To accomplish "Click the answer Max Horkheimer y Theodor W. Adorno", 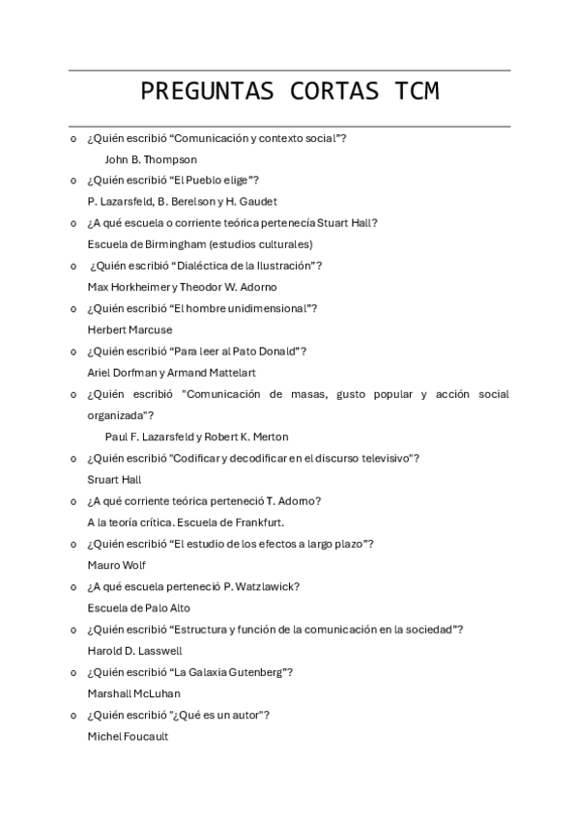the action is [x=182, y=287].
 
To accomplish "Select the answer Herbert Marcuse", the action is [x=130, y=330].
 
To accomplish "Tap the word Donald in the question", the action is [x=281, y=352].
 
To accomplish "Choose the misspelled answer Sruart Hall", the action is [x=115, y=479].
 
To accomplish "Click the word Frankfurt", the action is [x=259, y=522].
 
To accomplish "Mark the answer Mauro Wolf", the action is [x=117, y=565].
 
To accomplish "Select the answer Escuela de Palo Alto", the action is [x=138, y=607].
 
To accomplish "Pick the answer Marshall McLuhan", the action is [x=133, y=693].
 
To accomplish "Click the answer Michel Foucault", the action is [x=128, y=736].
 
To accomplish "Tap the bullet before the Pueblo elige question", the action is [x=73, y=181].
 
